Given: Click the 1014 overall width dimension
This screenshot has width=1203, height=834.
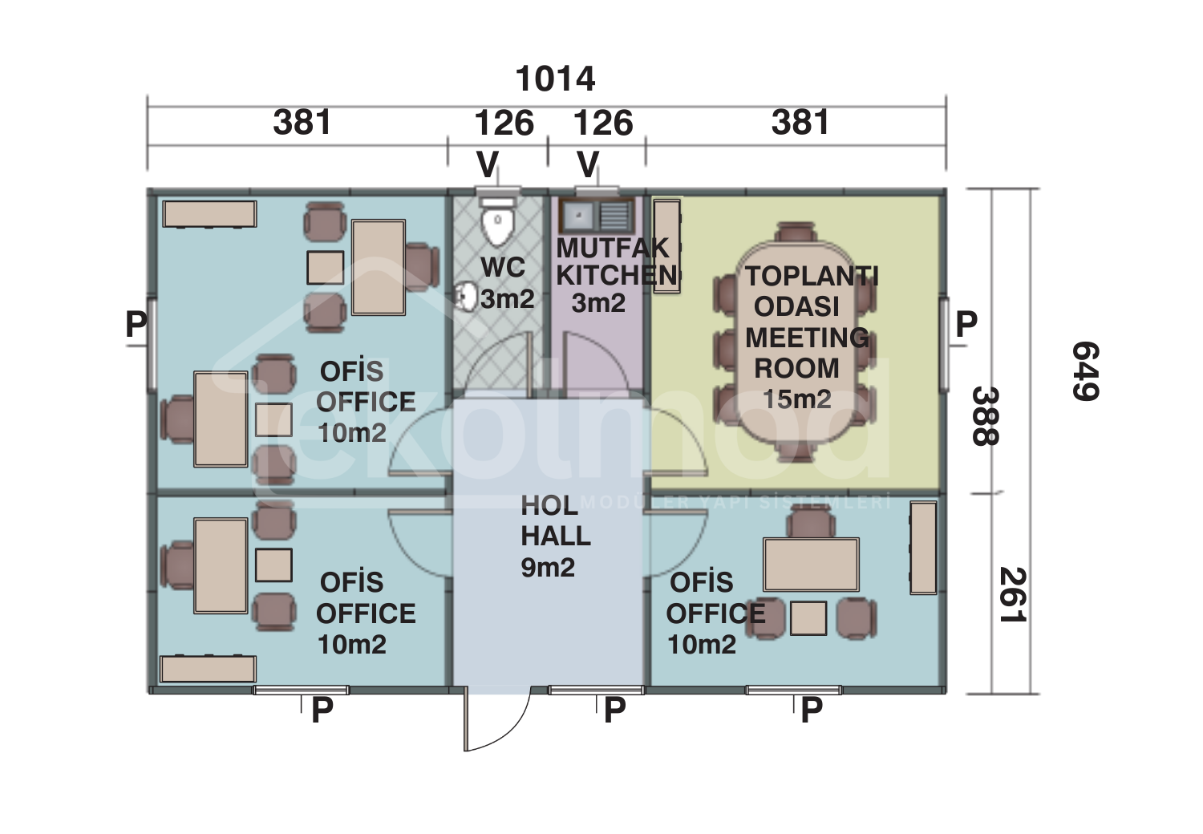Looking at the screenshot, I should pos(555,79).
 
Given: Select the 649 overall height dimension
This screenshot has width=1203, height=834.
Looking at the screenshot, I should pos(1085,370).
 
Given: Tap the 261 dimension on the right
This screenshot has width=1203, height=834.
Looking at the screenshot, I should pos(1012,595).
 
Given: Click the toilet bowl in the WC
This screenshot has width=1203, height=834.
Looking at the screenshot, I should pos(497,225).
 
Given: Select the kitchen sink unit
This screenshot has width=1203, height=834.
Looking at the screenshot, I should pos(597,215).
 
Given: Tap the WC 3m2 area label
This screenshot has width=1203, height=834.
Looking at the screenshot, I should pos(505,283).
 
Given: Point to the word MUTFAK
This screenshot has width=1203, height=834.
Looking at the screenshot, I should pos(613,248).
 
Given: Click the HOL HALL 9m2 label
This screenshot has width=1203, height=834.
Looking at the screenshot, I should pos(555,536).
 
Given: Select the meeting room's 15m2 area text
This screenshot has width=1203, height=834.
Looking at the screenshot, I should pos(796,399).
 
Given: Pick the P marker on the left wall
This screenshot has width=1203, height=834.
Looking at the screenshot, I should pos(136,324).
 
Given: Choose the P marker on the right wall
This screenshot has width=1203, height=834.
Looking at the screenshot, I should pos(966,324).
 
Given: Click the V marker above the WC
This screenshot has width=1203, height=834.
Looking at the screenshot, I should pos(487,165).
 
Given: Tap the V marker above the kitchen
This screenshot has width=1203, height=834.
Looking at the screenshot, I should pos(588,165).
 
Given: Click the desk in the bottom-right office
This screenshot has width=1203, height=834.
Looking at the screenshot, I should pos(811,565).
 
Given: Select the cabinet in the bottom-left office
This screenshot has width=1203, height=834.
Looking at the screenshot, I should pos(208,669).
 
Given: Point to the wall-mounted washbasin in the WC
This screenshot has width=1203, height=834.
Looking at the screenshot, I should pos(464,296).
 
